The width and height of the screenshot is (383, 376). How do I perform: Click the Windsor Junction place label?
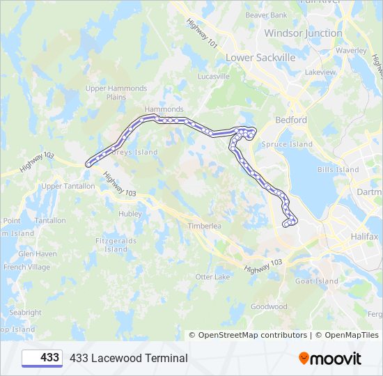(303, 33)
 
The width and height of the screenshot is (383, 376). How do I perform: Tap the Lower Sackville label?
(260, 57)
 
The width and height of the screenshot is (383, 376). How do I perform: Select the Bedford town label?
(290, 120)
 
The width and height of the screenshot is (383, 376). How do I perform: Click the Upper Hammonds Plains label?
(116, 93)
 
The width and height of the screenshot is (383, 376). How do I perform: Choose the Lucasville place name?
(213, 77)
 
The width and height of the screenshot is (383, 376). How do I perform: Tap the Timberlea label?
(204, 226)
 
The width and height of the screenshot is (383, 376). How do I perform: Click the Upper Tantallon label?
(68, 187)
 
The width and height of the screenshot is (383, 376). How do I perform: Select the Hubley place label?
(130, 214)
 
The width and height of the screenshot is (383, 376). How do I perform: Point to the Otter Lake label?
(212, 277)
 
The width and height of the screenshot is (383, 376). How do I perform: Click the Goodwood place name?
(269, 306)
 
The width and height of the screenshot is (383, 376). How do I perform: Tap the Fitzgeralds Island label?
(116, 245)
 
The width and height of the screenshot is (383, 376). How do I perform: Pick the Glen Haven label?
(38, 254)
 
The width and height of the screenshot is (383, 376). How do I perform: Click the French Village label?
(26, 267)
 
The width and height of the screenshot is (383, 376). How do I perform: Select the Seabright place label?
(25, 313)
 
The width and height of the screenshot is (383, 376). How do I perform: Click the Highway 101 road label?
(202, 33)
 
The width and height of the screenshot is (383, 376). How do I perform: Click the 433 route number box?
(42, 358)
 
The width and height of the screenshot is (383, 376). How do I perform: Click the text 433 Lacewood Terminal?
(128, 358)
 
